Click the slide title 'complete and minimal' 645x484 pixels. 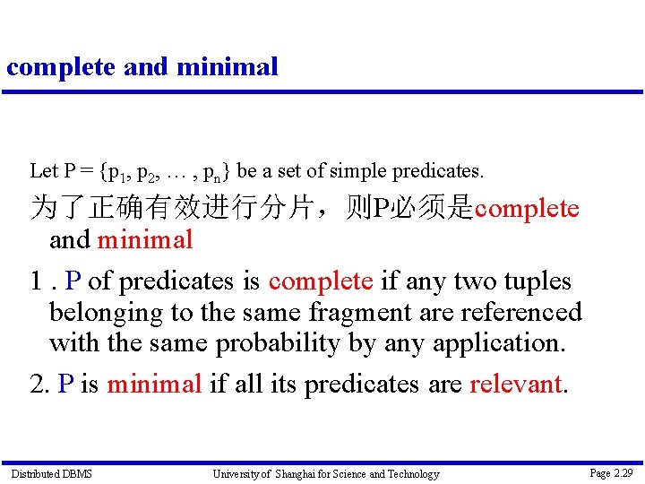pos(142,66)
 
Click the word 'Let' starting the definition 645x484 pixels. pos(43,170)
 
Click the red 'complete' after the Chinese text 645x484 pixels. pos(527,210)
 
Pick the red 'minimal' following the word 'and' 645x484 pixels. pos(145,240)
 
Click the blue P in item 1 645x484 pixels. pos(73,281)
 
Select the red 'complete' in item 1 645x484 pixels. pos(321,281)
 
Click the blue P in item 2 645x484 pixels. pos(65,385)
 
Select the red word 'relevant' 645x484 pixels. pos(518,385)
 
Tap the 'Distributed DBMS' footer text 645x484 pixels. pos(51,473)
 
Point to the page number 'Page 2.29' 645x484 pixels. pos(611,472)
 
